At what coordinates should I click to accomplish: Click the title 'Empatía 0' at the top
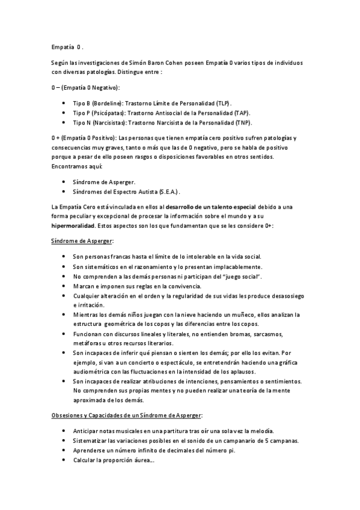(x=67, y=46)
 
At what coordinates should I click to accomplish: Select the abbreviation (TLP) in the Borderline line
(x=222, y=103)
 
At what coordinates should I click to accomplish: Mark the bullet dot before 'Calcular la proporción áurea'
(x=64, y=460)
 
